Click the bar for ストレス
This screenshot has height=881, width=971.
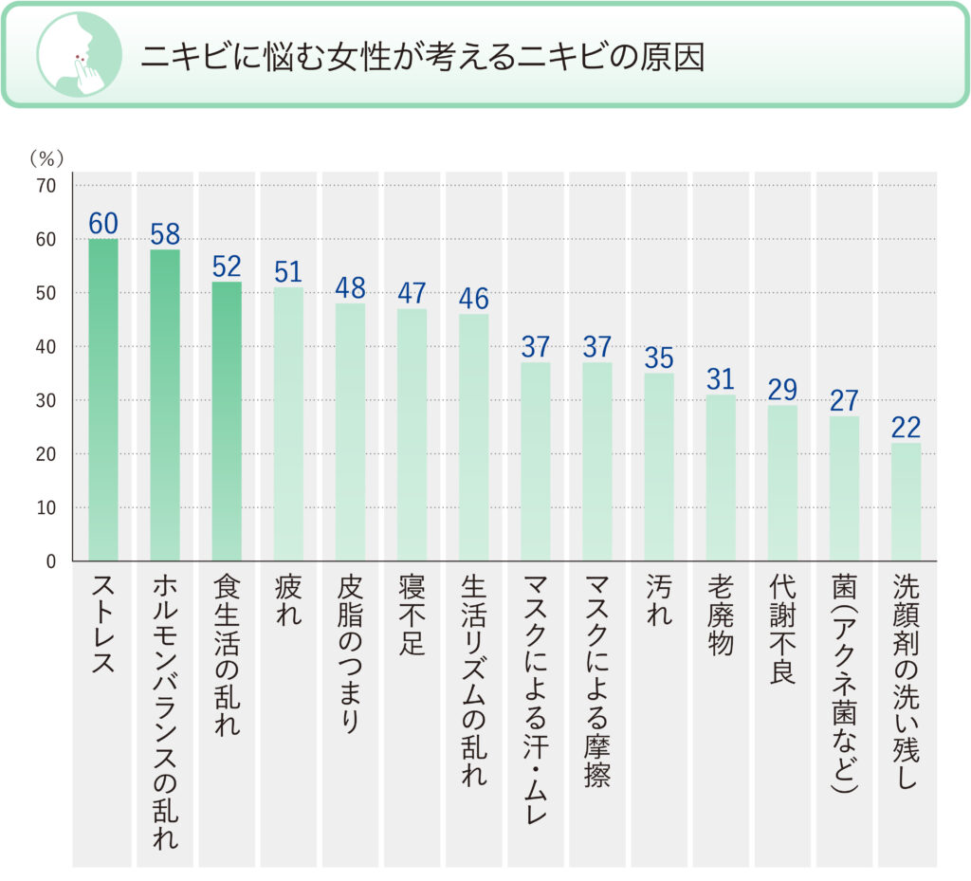[x=103, y=399]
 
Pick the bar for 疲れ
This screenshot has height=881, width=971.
[x=288, y=424]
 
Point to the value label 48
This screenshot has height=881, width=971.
[x=350, y=287]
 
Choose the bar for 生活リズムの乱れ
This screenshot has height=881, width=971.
[x=473, y=437]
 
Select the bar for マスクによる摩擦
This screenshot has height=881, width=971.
[x=596, y=461]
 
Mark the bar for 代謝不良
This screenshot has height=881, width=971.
[x=781, y=483]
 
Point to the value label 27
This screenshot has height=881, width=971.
[x=843, y=400]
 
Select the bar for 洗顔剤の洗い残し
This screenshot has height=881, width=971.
[x=905, y=502]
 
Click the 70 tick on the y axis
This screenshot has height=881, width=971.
[x=46, y=186]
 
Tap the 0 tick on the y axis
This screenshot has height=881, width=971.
[x=51, y=561]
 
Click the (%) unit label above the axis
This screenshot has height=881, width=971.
[x=45, y=157]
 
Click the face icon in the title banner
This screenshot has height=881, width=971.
[x=79, y=55]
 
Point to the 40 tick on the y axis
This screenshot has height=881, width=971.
[x=46, y=347]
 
